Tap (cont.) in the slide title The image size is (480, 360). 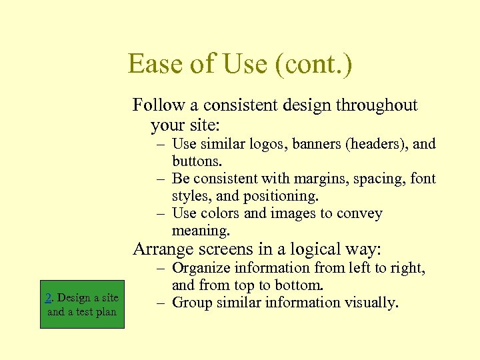311,65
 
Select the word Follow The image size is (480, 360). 157,105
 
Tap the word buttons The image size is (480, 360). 197,161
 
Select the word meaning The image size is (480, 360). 200,231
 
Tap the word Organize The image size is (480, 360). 202,268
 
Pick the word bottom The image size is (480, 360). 301,285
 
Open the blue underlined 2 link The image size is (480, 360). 48,298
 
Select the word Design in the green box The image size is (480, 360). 75,298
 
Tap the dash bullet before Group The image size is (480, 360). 162,303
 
